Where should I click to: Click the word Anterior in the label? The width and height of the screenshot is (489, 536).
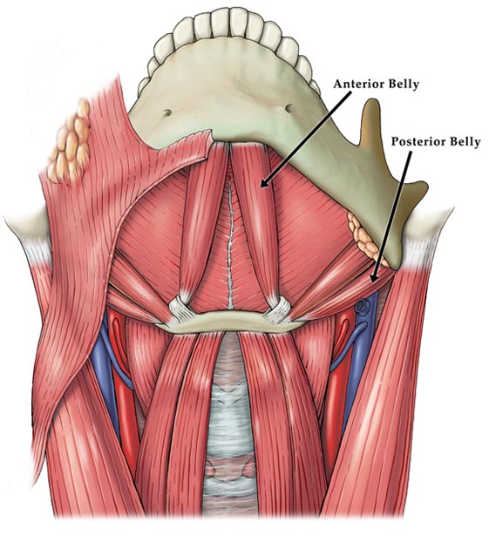[x=363, y=84]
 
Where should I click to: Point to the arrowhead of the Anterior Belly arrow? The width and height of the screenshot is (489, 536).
[x=264, y=184]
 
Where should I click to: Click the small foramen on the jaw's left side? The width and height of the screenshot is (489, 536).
[x=167, y=112]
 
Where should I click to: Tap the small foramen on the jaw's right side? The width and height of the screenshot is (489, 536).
[x=289, y=108]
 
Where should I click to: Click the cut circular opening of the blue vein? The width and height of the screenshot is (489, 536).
[x=360, y=306]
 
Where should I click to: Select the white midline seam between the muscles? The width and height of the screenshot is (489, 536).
[x=230, y=246]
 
